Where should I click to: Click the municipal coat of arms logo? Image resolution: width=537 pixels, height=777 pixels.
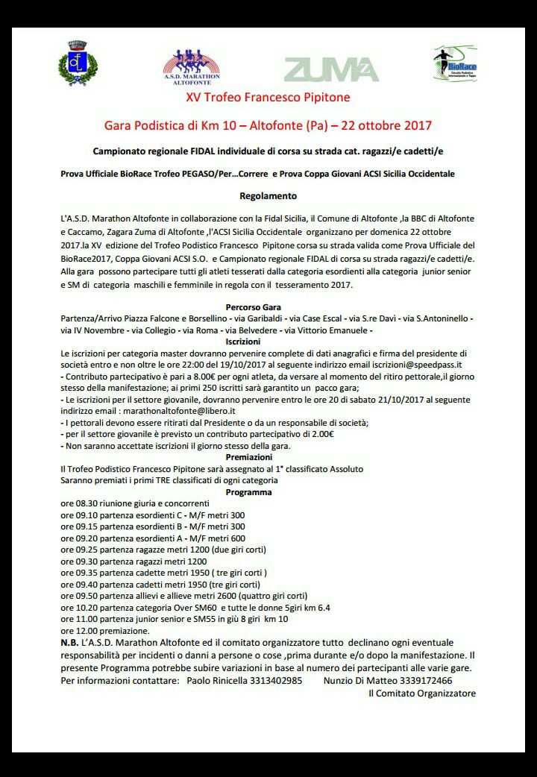(78, 63)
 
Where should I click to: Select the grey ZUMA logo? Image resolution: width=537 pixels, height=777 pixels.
(331, 69)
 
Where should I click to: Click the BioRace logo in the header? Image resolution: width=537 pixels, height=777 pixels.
(455, 63)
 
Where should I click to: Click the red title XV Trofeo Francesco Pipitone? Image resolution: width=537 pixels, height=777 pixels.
(268, 97)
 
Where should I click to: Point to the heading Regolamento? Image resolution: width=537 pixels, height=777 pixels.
(268, 196)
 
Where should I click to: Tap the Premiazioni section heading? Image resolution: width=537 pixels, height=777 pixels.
(250, 457)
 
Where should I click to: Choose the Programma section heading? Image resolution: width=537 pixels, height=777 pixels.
(250, 492)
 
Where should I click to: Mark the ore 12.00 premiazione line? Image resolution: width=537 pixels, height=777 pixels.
(108, 631)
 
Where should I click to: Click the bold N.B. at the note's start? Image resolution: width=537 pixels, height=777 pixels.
(72, 643)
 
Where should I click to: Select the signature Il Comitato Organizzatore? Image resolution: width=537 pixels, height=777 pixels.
(421, 693)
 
